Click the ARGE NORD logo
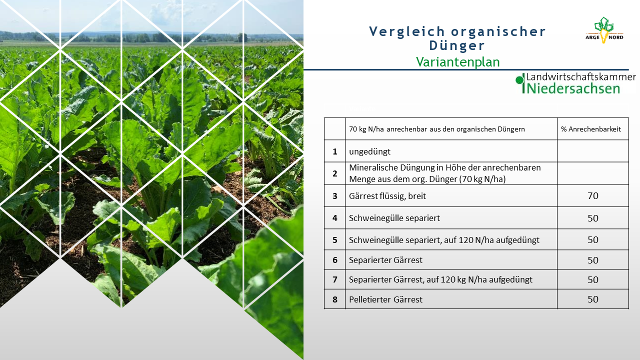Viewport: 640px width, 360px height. (x=604, y=30)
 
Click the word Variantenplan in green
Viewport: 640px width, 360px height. (x=457, y=62)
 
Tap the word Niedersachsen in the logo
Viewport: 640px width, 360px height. (x=573, y=88)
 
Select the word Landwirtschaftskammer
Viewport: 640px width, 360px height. (x=581, y=77)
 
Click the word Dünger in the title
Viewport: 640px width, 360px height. (x=457, y=45)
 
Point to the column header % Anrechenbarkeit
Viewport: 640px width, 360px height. (x=591, y=129)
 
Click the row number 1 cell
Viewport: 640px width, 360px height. (x=335, y=151)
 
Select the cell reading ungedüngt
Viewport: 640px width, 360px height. (x=369, y=151)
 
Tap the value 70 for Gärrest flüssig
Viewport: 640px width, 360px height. (x=593, y=196)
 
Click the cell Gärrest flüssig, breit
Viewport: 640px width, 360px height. (x=387, y=196)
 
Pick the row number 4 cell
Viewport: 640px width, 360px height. (x=335, y=218)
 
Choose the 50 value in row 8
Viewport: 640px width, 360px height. (x=593, y=299)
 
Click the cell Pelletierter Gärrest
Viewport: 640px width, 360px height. (x=385, y=299)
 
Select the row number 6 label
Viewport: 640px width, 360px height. (x=335, y=260)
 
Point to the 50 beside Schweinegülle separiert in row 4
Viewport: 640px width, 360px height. (x=593, y=218)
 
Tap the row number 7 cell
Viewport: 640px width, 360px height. (x=335, y=279)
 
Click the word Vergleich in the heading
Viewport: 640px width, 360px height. (x=407, y=31)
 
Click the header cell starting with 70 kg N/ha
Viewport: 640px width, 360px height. (x=437, y=129)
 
